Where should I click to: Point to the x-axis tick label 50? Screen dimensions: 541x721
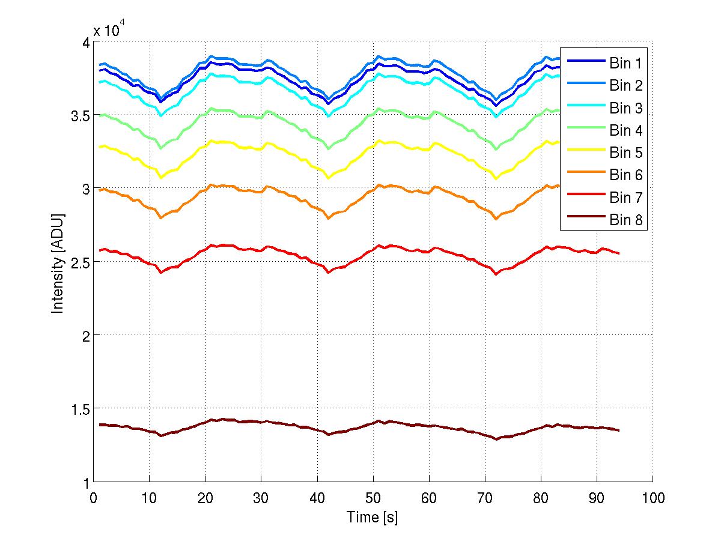click(x=373, y=498)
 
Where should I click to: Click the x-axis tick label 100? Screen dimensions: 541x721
click(x=653, y=498)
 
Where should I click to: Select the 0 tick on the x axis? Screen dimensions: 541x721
click(x=93, y=498)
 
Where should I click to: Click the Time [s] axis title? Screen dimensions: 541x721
click(x=372, y=516)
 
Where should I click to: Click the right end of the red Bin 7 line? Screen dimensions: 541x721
click(x=618, y=253)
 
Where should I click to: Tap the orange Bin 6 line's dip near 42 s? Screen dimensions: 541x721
click(x=328, y=218)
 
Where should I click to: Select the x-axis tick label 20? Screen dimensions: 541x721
click(x=205, y=498)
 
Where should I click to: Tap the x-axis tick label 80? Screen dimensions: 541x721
click(x=541, y=498)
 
